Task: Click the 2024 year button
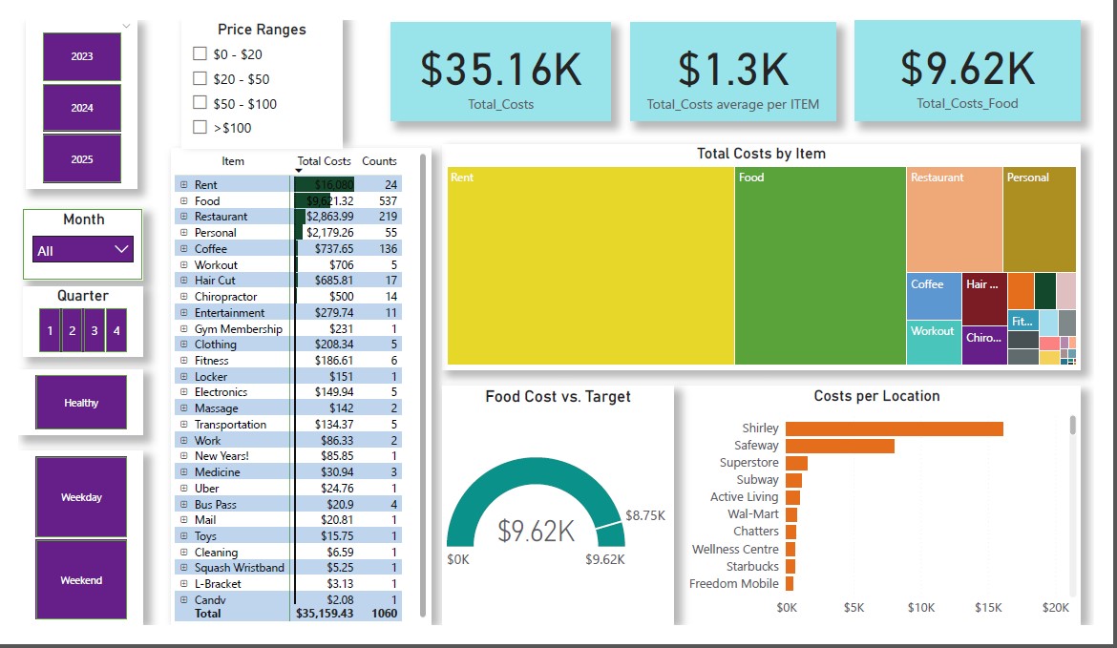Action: pos(82,108)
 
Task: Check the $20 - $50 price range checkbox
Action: pos(200,78)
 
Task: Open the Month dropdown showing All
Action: pos(83,250)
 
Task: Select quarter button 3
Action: pos(94,330)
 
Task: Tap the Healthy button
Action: pos(81,403)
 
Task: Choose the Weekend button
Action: pos(81,580)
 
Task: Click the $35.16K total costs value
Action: pos(500,69)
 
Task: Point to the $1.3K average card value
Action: pos(732,69)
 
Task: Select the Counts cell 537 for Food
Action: pos(387,201)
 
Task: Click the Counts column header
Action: pos(379,161)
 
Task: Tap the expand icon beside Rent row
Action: pos(183,185)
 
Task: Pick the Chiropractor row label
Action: pos(225,297)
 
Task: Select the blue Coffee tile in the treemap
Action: pos(934,297)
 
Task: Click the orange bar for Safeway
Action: pos(840,446)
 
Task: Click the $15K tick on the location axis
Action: pos(989,607)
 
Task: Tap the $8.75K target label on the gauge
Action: pos(645,515)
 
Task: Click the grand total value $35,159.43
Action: pos(325,614)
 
